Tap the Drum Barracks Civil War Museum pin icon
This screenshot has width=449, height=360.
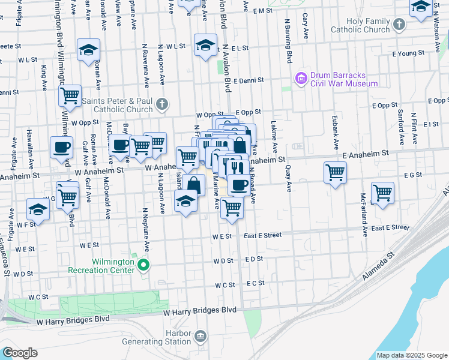(x=300, y=77)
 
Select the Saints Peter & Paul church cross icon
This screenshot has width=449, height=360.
(x=161, y=105)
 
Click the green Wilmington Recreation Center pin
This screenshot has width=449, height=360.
(x=143, y=265)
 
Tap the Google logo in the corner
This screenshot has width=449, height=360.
(x=19, y=353)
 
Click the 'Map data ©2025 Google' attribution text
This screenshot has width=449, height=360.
(x=412, y=355)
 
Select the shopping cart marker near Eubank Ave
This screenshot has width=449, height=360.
(x=335, y=173)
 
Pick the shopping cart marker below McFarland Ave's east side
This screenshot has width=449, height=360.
(x=382, y=193)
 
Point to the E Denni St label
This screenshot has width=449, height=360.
(x=249, y=80)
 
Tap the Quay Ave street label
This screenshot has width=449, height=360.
(x=289, y=178)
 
